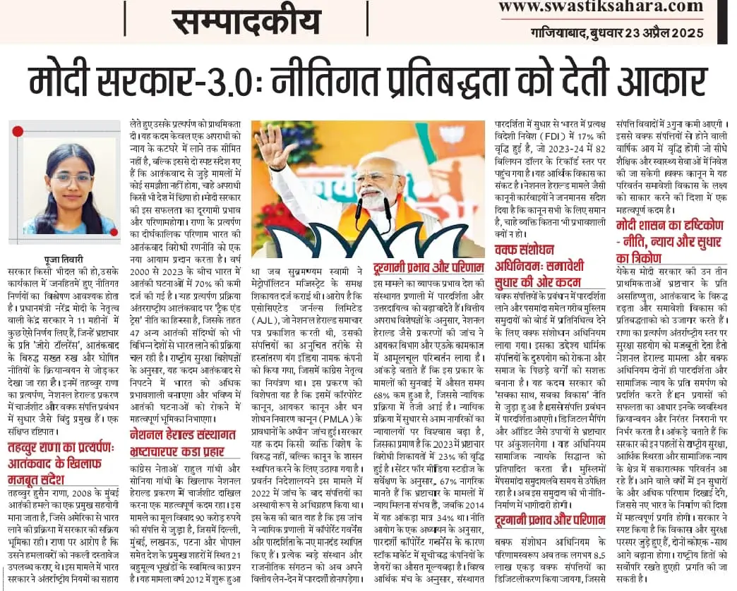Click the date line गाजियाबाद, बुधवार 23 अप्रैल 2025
pos(617,32)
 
